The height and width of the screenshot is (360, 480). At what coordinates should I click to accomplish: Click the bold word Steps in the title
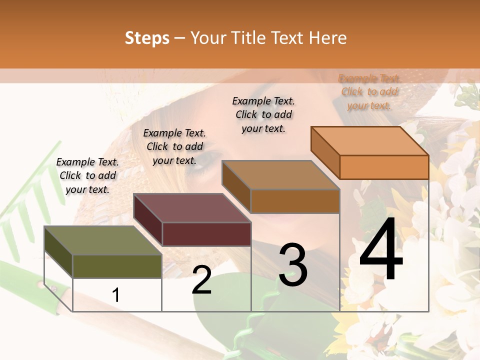click(x=147, y=38)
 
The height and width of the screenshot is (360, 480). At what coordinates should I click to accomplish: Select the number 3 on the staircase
click(x=293, y=264)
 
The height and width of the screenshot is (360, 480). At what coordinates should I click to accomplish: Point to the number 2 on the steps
click(x=201, y=279)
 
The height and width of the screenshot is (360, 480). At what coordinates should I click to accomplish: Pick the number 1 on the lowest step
click(x=116, y=295)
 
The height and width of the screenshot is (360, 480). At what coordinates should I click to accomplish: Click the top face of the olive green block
click(x=102, y=240)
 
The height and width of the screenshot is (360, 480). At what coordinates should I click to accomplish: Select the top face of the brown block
click(x=280, y=175)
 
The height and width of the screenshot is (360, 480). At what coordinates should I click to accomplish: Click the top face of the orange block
click(x=369, y=141)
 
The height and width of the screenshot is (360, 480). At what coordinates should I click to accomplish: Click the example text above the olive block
click(x=87, y=175)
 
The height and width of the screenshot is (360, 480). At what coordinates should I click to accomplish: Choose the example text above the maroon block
click(x=174, y=146)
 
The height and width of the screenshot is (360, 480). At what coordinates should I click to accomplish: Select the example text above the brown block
click(x=263, y=114)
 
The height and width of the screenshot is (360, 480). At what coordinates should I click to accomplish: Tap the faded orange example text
click(x=369, y=92)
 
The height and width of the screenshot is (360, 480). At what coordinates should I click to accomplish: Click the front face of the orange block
click(x=384, y=167)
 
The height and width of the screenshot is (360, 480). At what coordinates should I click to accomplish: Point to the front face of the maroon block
click(x=206, y=234)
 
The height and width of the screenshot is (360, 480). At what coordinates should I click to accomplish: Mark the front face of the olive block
click(x=117, y=266)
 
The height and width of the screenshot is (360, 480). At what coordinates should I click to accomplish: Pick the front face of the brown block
click(x=295, y=201)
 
